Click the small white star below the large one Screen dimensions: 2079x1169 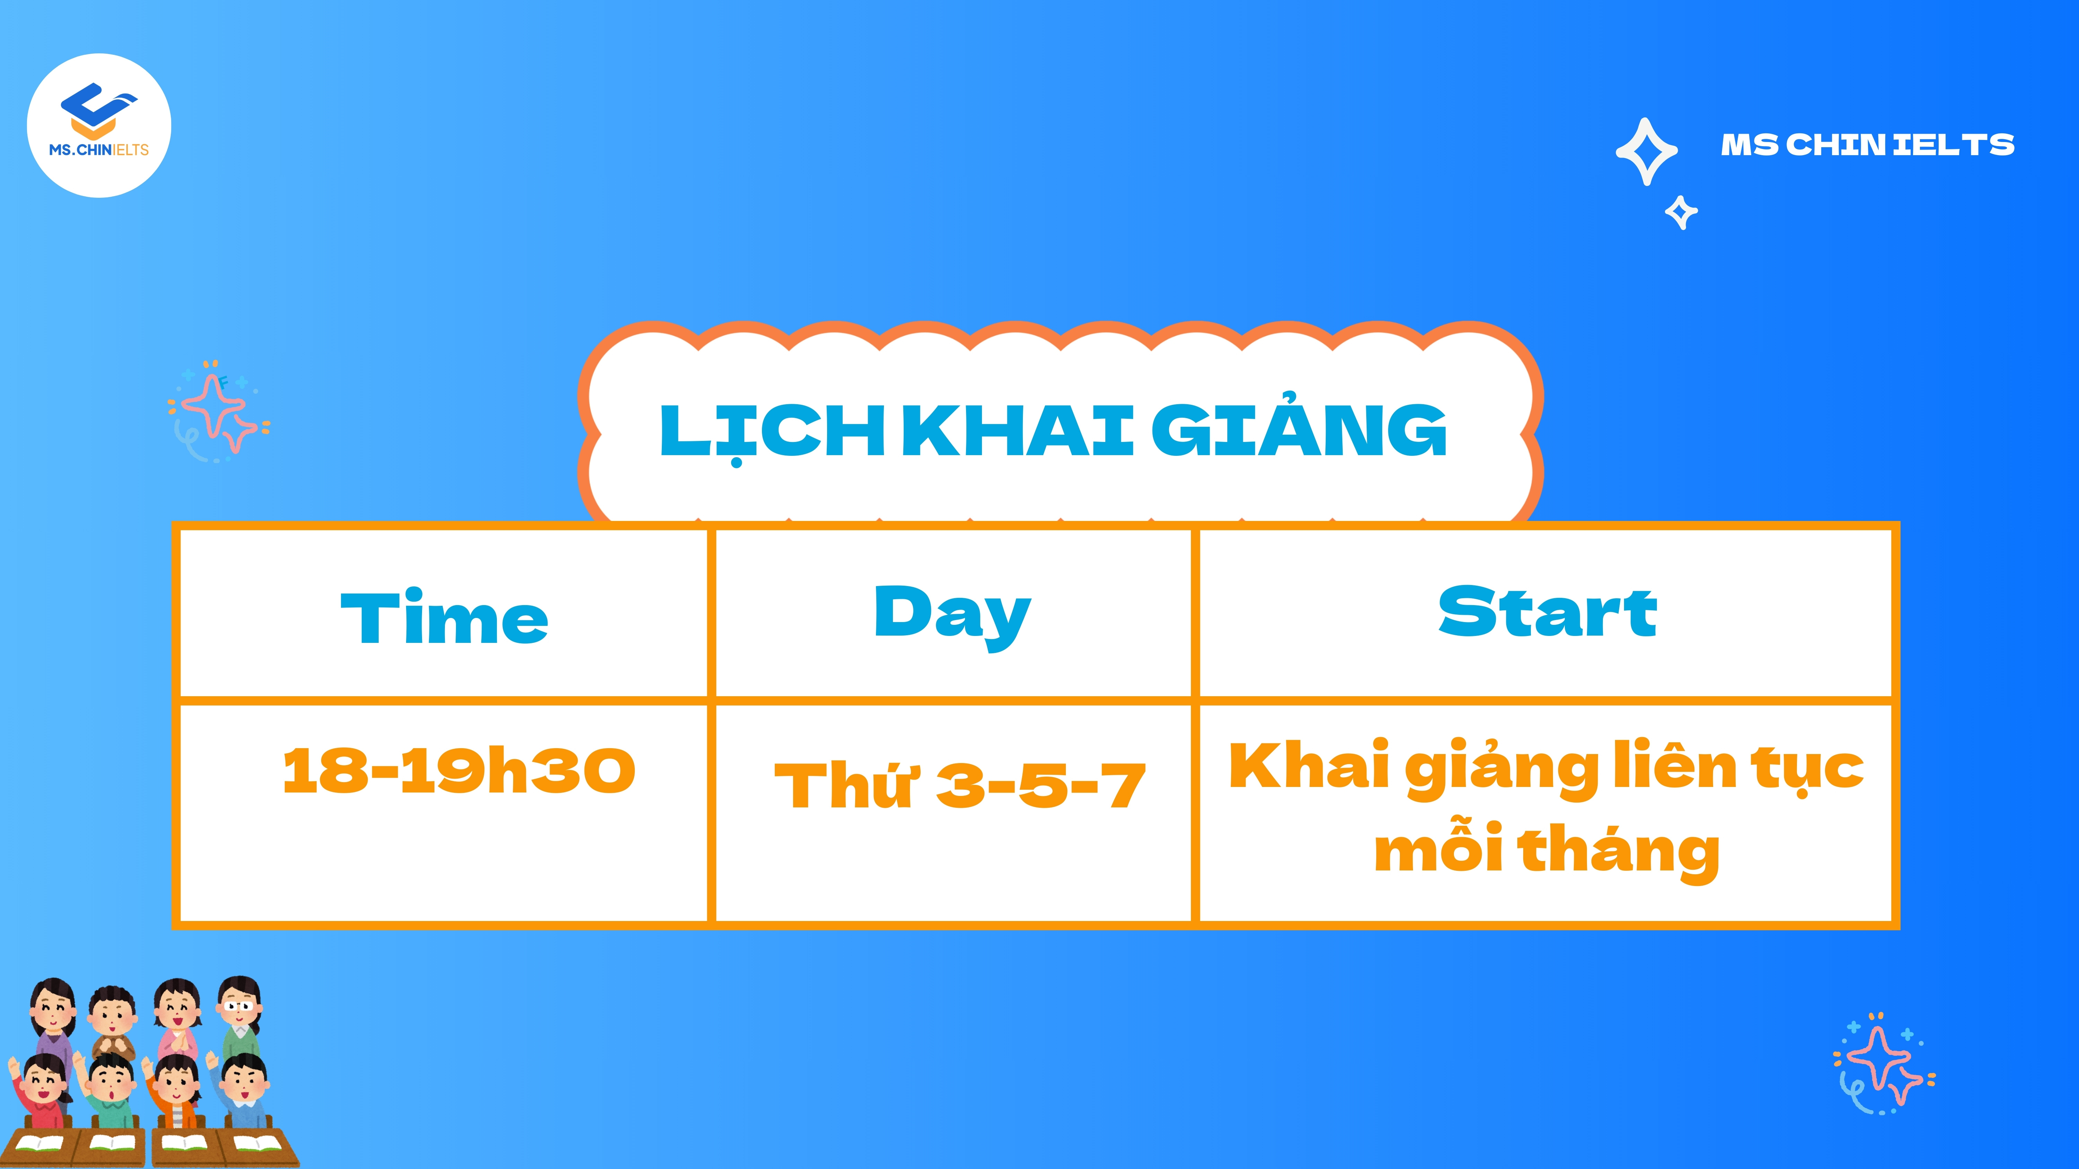tap(1681, 212)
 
